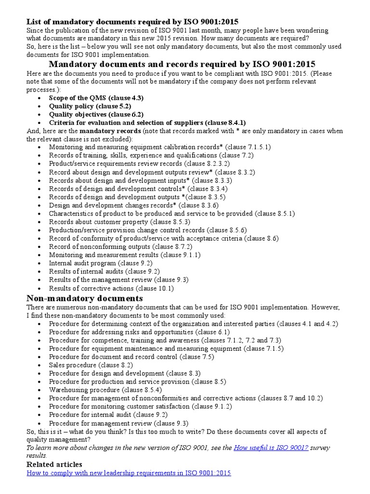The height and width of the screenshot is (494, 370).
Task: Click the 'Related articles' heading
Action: (x=54, y=464)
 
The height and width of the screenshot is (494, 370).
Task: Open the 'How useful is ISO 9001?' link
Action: (x=271, y=448)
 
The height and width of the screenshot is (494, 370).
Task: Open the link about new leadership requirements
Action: (x=129, y=473)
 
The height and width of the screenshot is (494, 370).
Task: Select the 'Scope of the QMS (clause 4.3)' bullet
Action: (x=96, y=97)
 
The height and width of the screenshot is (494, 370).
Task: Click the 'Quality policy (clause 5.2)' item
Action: (x=90, y=106)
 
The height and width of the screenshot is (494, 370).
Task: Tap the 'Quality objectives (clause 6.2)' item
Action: (x=96, y=114)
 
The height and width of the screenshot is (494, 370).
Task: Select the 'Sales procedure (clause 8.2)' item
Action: (x=91, y=365)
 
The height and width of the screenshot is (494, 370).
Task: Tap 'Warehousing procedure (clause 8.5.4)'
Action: (x=105, y=390)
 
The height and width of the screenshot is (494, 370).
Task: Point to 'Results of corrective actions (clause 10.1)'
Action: (x=111, y=288)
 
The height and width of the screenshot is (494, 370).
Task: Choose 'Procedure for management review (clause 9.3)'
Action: (x=119, y=423)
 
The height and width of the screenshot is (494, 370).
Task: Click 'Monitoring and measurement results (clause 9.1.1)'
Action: (x=125, y=255)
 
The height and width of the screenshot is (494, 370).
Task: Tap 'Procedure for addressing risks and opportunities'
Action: (x=139, y=332)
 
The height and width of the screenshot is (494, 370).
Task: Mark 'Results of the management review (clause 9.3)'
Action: (x=119, y=280)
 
